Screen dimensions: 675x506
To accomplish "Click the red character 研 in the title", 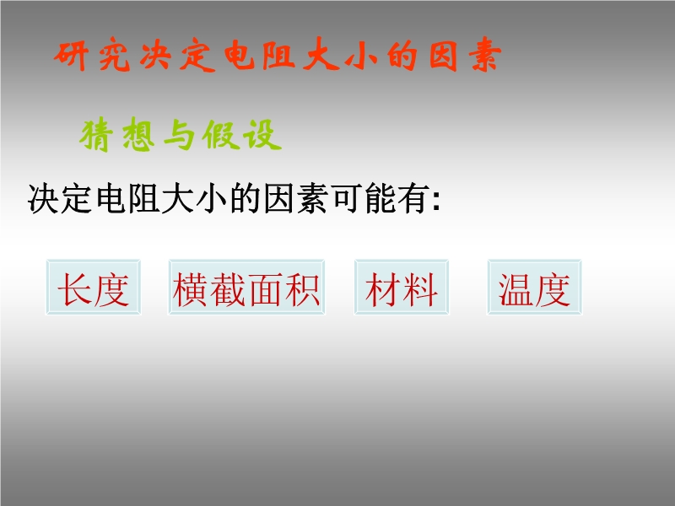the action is pyautogui.click(x=72, y=55).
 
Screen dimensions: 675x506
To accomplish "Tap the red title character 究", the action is pyautogui.click(x=114, y=55).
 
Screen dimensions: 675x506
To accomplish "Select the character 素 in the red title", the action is pyautogui.click(x=484, y=54).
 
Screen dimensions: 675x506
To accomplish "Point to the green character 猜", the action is pyautogui.click(x=96, y=135).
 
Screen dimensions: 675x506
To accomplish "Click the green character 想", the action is pyautogui.click(x=138, y=135).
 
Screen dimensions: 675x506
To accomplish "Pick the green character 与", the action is pyautogui.click(x=179, y=135).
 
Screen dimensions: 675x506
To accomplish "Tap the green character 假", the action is pyautogui.click(x=220, y=135).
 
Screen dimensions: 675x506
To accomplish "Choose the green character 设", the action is pyautogui.click(x=262, y=135).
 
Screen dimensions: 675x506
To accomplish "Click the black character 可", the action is pyautogui.click(x=348, y=198).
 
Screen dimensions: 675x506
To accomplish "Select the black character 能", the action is pyautogui.click(x=381, y=198).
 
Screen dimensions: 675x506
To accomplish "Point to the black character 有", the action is pyautogui.click(x=414, y=198).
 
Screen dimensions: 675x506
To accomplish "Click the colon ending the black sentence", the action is pyautogui.click(x=436, y=202).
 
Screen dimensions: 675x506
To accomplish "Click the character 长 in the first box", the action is pyautogui.click(x=75, y=289).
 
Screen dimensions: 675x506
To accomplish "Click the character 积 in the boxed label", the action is pyautogui.click(x=302, y=289).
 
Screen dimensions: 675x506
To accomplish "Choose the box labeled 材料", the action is pyautogui.click(x=402, y=287).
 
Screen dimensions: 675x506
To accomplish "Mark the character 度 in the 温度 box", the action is pyautogui.click(x=553, y=289).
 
